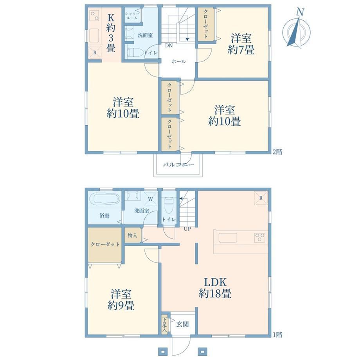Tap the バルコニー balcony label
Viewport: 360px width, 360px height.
coord(178,165)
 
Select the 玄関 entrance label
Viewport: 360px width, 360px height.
coord(182,324)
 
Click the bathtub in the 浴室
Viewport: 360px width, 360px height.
coord(104,199)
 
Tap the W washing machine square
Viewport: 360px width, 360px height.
coord(150,199)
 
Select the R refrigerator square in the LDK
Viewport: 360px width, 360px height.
coord(261,198)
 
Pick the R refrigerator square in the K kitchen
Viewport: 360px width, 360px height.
coord(95,53)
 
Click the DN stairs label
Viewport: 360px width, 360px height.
coord(169,45)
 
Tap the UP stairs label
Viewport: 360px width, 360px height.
coord(187,229)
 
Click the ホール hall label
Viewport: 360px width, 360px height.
coord(178,61)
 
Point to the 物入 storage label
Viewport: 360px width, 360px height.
coord(133,235)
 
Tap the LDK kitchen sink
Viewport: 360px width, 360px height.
coord(228,238)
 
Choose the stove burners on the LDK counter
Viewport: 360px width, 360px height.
coord(260,238)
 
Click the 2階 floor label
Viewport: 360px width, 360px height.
coord(277,152)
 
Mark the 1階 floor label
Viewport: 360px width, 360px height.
coord(277,335)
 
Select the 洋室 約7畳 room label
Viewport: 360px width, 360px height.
coord(241,44)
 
